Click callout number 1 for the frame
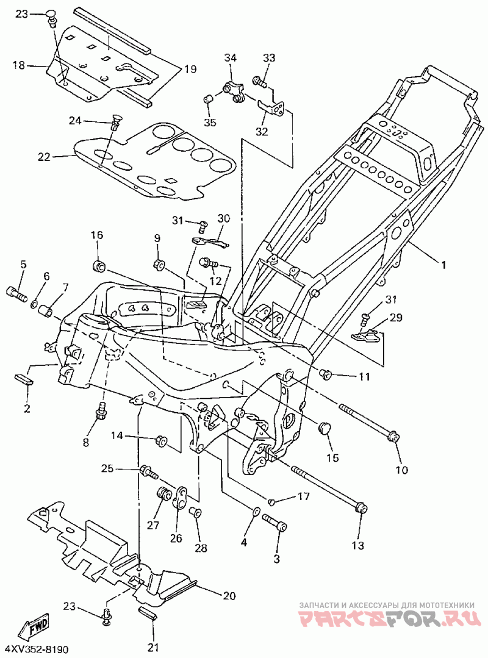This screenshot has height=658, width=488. click(x=443, y=265)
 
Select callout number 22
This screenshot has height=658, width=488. click(x=44, y=157)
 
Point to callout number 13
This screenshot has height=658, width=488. click(x=358, y=545)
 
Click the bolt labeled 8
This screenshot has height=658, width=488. click(x=101, y=411)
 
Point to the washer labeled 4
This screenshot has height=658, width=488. click(x=256, y=512)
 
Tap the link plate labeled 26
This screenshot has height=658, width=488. click(x=181, y=497)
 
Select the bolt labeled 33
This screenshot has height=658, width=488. click(x=260, y=80)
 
